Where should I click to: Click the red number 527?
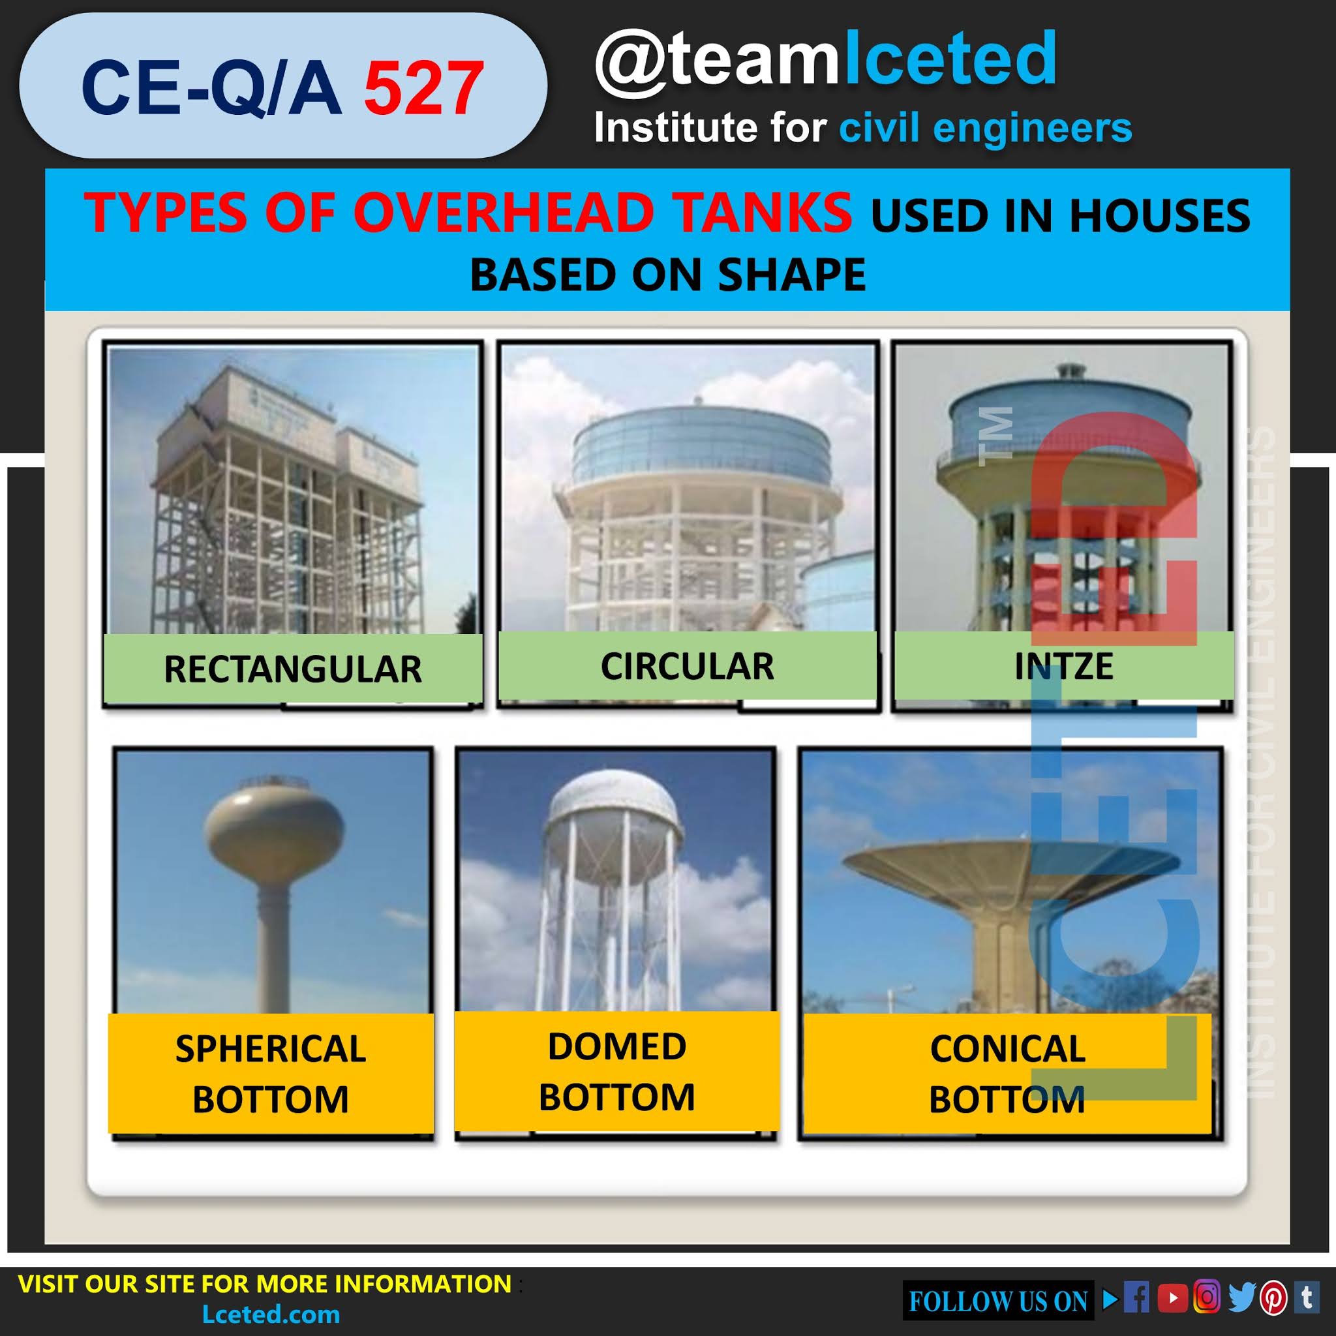coord(423,89)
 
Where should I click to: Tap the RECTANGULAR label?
coord(292,669)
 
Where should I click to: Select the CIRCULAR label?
coord(687,666)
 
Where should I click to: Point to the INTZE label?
coord(1063,666)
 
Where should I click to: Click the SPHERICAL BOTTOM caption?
coord(270,1074)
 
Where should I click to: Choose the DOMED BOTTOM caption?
coord(617,1071)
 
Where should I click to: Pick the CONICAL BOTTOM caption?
coord(1007,1074)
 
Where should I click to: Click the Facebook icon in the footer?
coord(1136,1298)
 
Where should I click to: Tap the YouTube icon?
coord(1172,1298)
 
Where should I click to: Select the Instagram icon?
coord(1207,1298)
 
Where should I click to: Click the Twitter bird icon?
coord(1242,1298)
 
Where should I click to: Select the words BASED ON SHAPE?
coord(667,275)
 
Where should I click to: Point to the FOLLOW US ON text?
coord(998,1301)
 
